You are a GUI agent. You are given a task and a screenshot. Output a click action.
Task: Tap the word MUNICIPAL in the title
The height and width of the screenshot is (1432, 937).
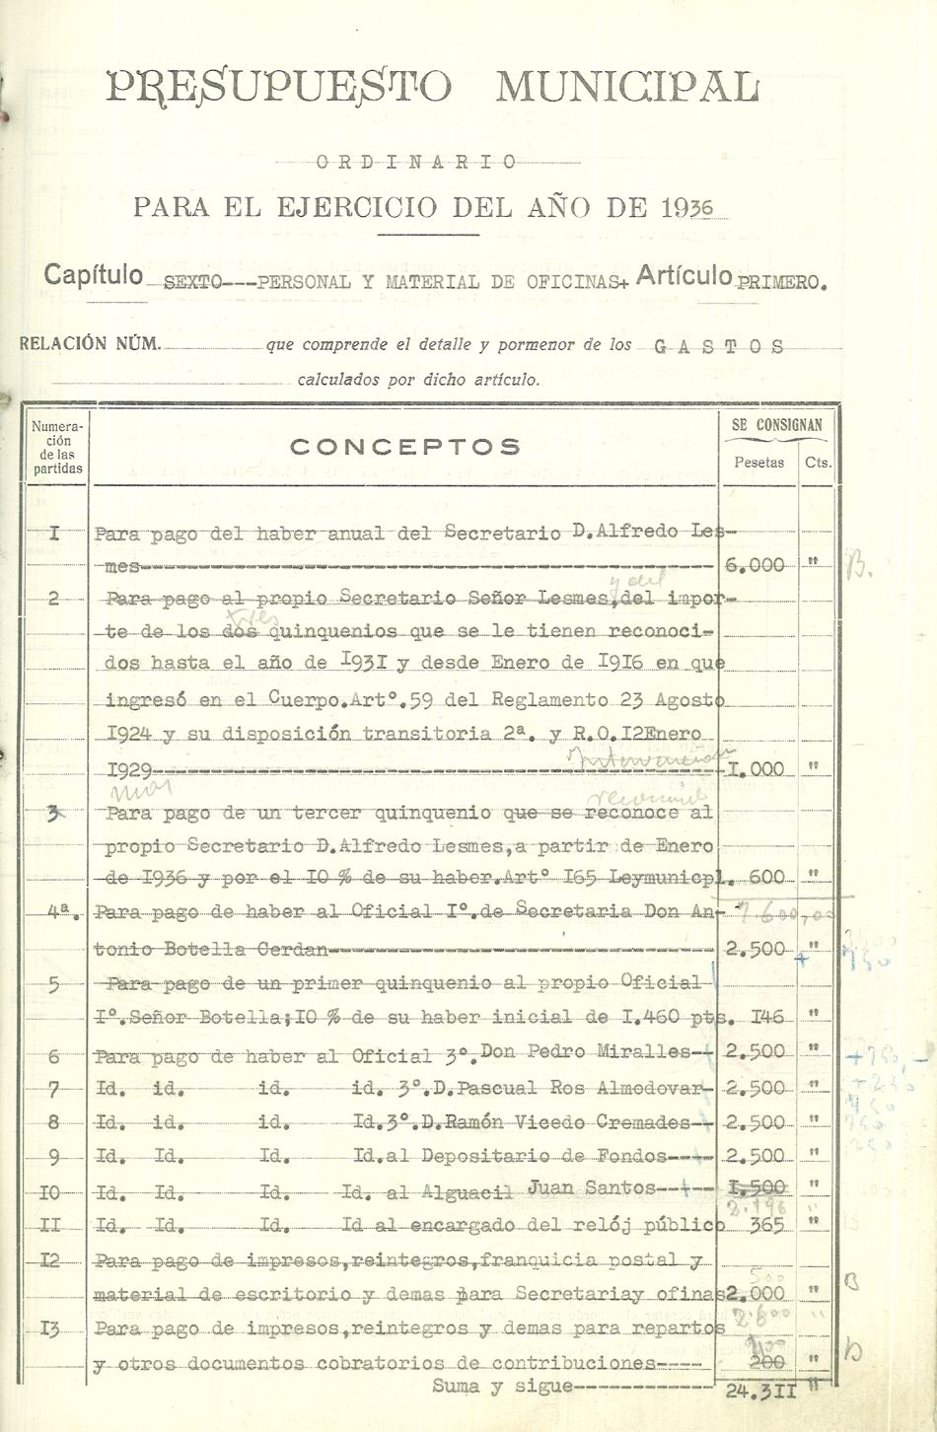pyautogui.click(x=627, y=88)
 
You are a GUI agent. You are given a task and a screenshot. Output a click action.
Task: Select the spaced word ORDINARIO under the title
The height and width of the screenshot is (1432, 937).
pyautogui.click(x=418, y=162)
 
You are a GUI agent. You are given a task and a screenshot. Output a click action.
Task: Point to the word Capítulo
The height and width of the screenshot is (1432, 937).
pyautogui.click(x=93, y=275)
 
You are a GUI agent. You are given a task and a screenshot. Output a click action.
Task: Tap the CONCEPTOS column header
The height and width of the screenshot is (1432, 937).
pyautogui.click(x=404, y=447)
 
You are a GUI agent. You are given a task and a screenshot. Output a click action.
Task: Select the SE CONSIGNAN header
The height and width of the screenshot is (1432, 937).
pyautogui.click(x=776, y=425)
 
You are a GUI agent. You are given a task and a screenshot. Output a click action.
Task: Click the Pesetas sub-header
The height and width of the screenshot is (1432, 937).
pyautogui.click(x=758, y=462)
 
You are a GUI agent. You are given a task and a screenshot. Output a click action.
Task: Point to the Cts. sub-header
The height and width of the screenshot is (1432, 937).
pyautogui.click(x=817, y=462)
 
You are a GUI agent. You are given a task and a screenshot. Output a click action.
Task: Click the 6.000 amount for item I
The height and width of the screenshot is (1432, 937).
pyautogui.click(x=755, y=565)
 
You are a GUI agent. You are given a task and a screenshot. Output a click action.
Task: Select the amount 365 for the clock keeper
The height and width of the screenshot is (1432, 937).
pyautogui.click(x=766, y=1226)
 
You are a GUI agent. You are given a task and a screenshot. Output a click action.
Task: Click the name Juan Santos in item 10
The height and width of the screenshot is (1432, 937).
pyautogui.click(x=591, y=1187)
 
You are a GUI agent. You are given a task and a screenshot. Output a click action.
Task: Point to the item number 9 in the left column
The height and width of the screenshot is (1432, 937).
pyautogui.click(x=53, y=1157)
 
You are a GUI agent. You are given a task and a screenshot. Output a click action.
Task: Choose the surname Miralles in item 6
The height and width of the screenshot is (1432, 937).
pyautogui.click(x=644, y=1051)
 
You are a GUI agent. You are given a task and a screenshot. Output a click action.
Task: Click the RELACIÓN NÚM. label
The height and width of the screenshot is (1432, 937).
pyautogui.click(x=89, y=344)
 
